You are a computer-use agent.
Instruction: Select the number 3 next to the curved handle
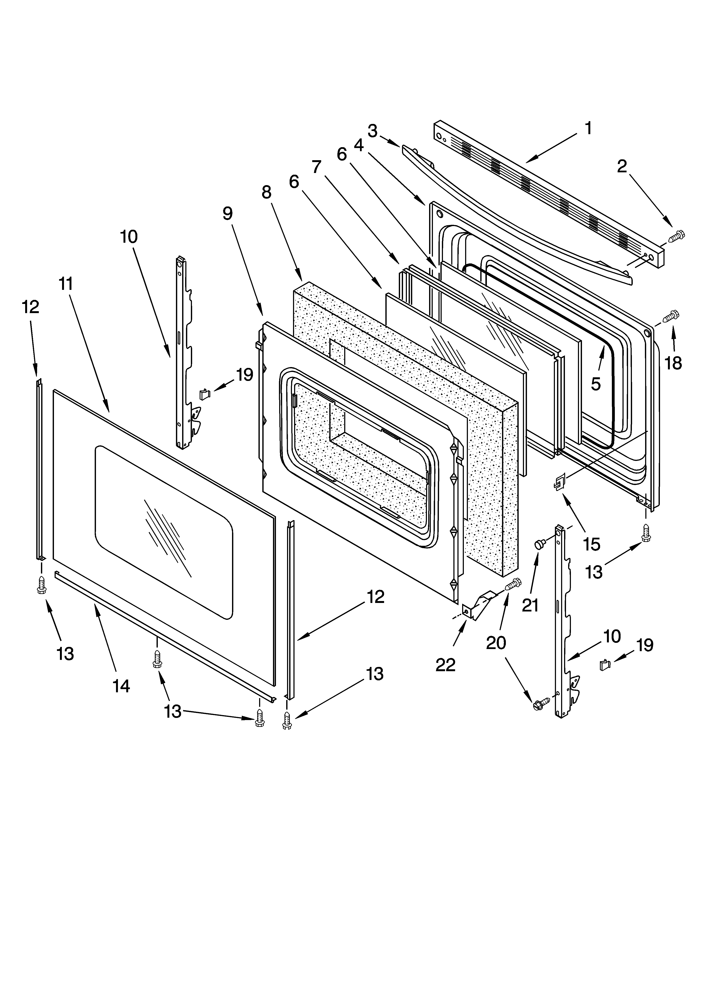[x=373, y=131]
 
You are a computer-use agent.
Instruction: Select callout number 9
[x=227, y=213]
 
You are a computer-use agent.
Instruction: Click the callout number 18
[x=673, y=363]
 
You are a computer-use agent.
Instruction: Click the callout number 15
[x=592, y=544]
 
